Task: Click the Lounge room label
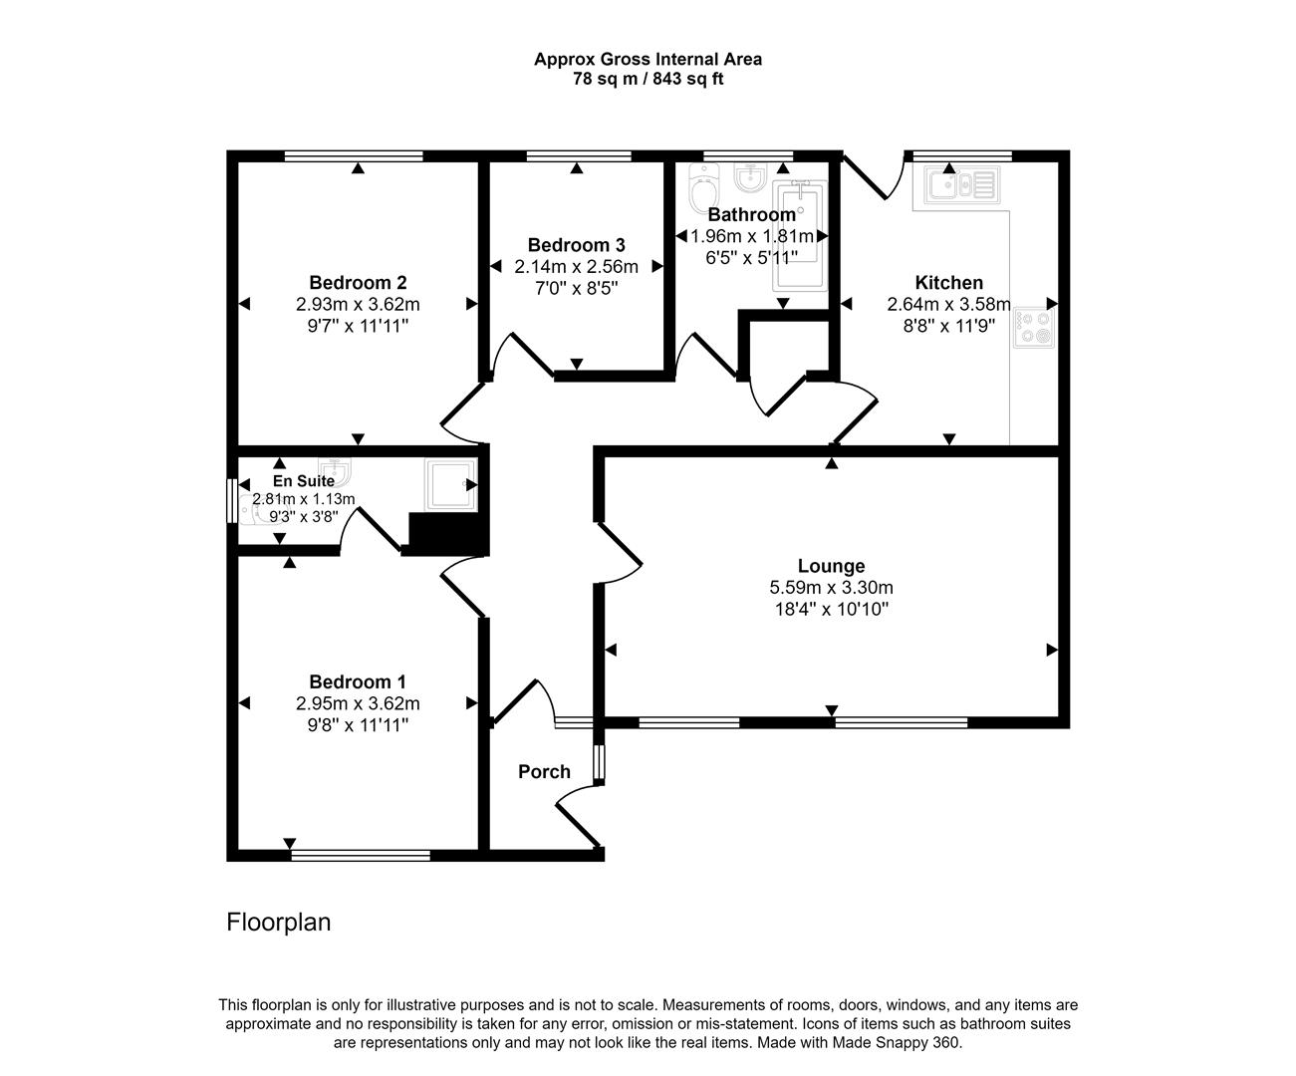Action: (x=831, y=567)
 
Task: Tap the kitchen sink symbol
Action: (x=959, y=185)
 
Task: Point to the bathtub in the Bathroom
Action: (x=801, y=235)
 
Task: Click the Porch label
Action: (x=544, y=772)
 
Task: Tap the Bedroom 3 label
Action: (x=576, y=245)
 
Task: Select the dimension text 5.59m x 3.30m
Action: (x=831, y=588)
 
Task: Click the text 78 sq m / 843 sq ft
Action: (x=648, y=79)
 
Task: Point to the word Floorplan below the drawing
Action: (x=279, y=923)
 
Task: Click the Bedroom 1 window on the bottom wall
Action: (x=361, y=855)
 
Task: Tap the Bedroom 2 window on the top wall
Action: (x=354, y=155)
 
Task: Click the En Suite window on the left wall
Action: (x=231, y=501)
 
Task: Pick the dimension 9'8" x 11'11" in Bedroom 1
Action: (x=358, y=724)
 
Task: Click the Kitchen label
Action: (x=948, y=283)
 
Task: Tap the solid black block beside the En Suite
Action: (x=446, y=534)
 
